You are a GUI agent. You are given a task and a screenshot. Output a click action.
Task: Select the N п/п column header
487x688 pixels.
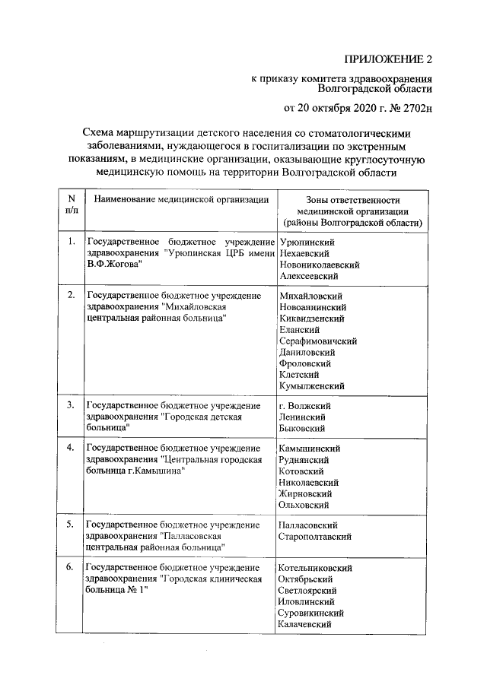pyautogui.click(x=72, y=205)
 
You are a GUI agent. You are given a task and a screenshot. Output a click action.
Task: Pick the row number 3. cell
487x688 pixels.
pyautogui.click(x=71, y=406)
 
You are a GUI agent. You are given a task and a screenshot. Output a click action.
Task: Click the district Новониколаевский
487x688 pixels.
pyautogui.click(x=320, y=265)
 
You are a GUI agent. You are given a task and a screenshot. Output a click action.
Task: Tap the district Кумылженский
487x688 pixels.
pyautogui.click(x=313, y=386)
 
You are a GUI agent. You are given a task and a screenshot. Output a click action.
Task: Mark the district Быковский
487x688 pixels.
pyautogui.click(x=303, y=429)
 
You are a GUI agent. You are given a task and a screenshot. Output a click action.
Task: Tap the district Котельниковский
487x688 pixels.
pyautogui.click(x=316, y=568)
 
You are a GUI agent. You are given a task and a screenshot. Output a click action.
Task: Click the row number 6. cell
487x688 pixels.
pyautogui.click(x=71, y=568)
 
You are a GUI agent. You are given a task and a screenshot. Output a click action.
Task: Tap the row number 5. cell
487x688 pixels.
pyautogui.click(x=71, y=525)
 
